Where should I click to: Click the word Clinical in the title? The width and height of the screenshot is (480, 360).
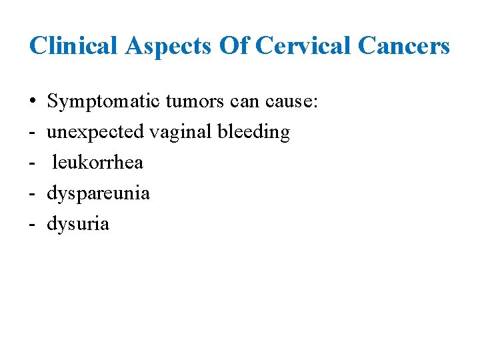click(x=72, y=46)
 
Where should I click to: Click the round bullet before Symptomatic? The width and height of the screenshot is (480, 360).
click(x=32, y=102)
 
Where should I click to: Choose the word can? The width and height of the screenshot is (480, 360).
click(x=243, y=102)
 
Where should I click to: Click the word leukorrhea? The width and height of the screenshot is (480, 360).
click(x=97, y=163)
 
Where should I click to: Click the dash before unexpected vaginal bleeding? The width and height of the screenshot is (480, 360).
click(x=32, y=133)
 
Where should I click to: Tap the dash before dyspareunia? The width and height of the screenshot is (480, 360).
click(x=32, y=193)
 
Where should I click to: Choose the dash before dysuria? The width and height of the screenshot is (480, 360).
click(x=32, y=224)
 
